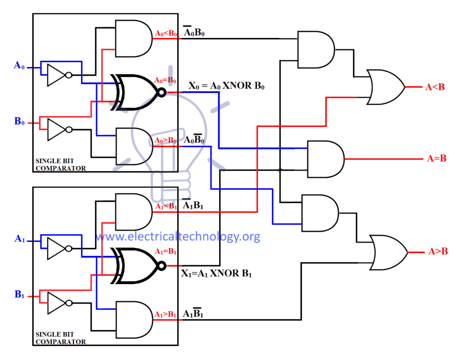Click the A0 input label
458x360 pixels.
pyautogui.click(x=18, y=66)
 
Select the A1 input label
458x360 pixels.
pyautogui.click(x=19, y=239)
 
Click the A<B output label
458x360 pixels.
pyautogui.click(x=435, y=87)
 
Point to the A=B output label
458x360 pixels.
pyautogui.click(x=436, y=158)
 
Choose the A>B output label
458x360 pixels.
pyautogui.click(x=438, y=252)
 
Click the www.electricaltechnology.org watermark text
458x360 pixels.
pyautogui.click(x=178, y=237)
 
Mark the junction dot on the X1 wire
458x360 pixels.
pyautogui.click(x=280, y=170)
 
